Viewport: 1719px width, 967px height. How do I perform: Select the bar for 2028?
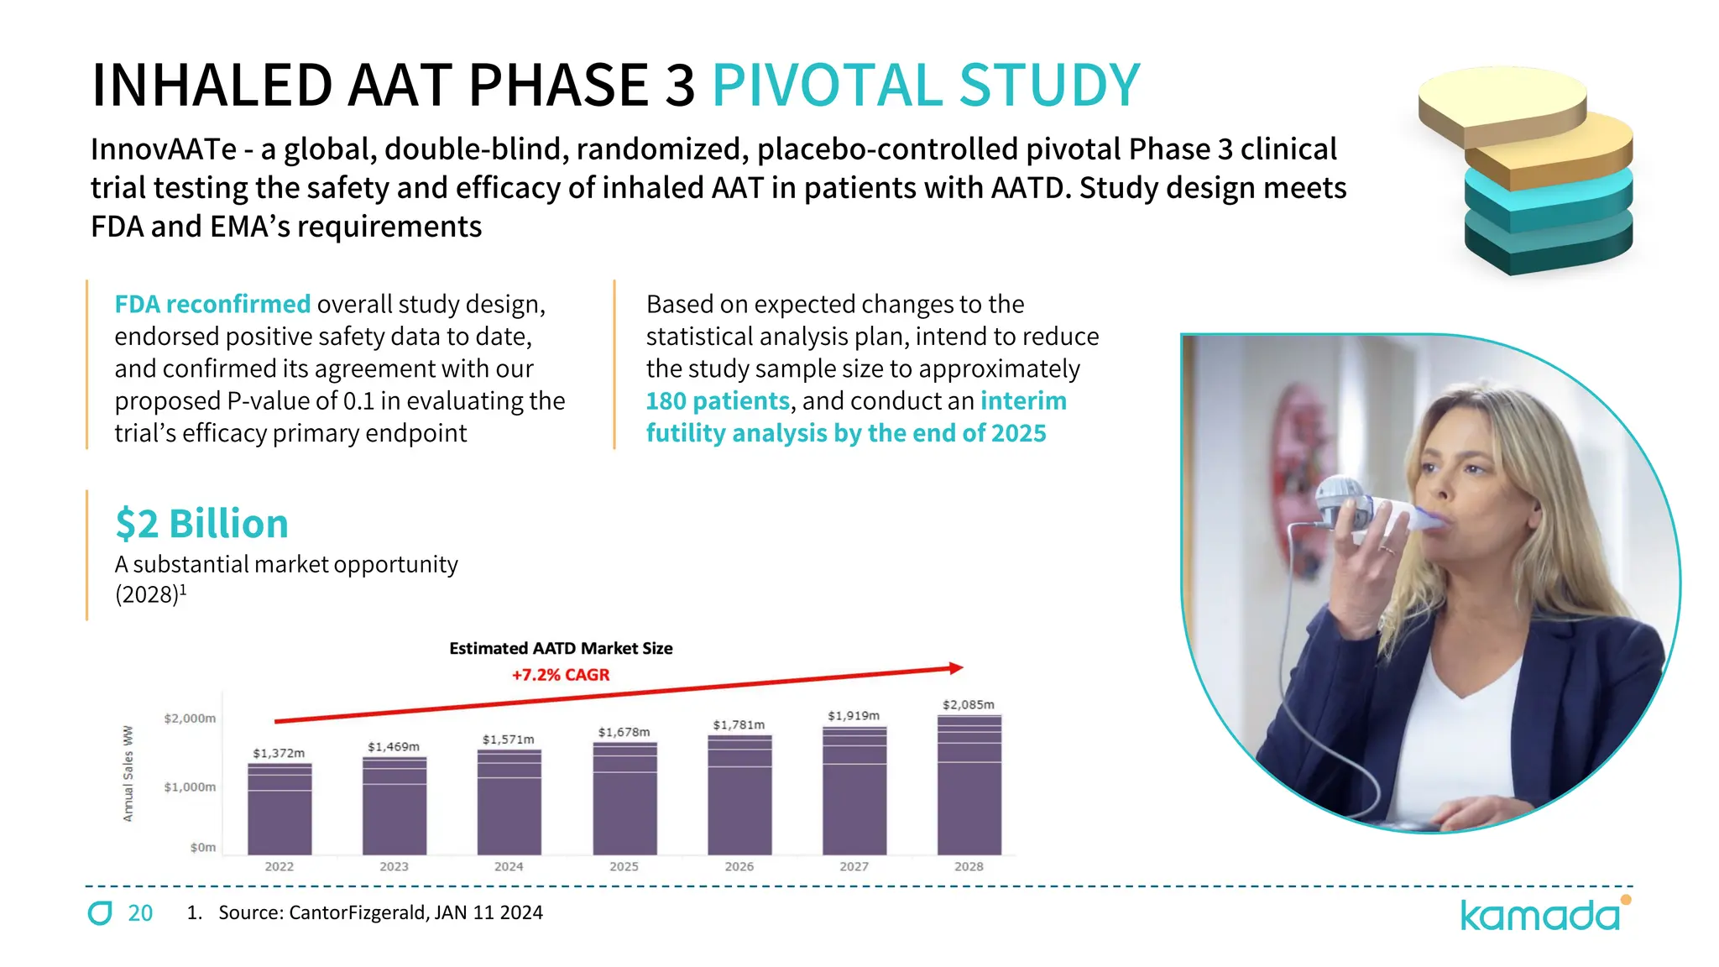tap(969, 785)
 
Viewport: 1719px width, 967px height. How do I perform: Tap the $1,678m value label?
tap(624, 732)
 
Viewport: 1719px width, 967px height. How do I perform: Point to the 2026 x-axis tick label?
tap(739, 866)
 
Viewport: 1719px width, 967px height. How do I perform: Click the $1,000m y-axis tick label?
tap(190, 787)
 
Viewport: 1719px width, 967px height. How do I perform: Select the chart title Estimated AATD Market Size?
tap(561, 648)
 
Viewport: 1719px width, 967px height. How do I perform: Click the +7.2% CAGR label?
tap(561, 675)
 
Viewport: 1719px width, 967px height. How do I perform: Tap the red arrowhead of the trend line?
tap(955, 668)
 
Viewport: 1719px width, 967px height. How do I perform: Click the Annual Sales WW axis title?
tap(128, 773)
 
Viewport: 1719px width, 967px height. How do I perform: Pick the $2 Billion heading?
tap(201, 524)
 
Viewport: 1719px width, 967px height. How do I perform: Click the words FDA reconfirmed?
tap(212, 304)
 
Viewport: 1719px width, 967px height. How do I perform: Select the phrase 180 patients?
tap(718, 401)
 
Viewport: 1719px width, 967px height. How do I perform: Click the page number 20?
tap(140, 913)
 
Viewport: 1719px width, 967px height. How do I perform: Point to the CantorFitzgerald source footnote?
tap(380, 912)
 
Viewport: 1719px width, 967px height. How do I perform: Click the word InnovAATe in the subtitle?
tap(164, 149)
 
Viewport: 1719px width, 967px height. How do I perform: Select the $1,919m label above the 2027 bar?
tap(854, 715)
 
